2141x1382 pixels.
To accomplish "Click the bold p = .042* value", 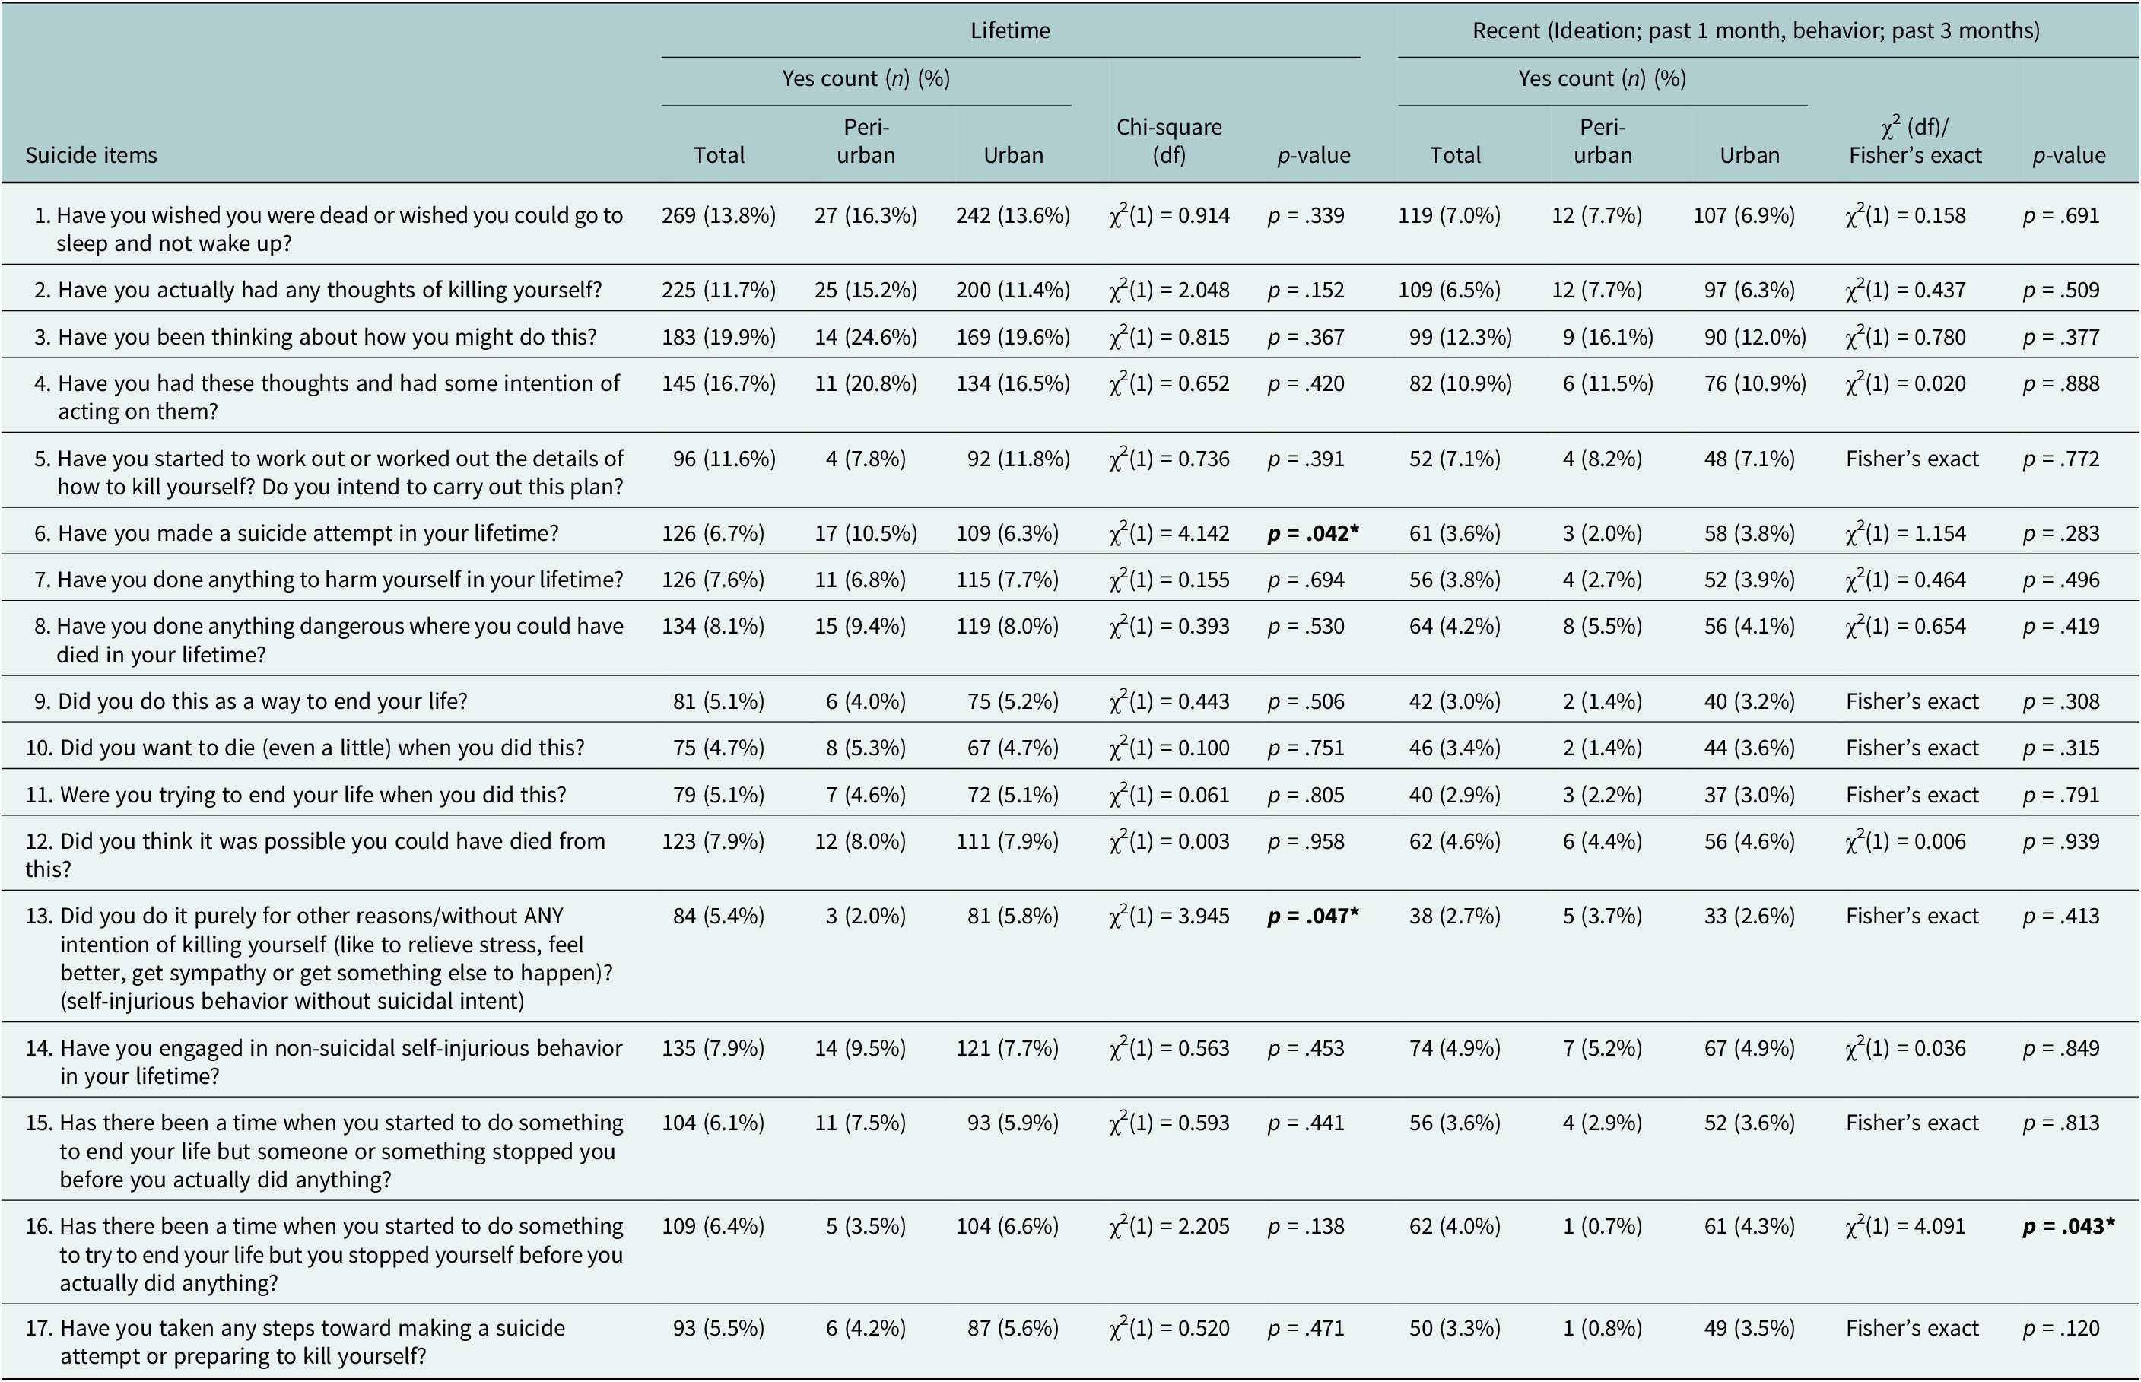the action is coord(1313,533).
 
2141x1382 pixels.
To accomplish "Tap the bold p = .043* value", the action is coord(2068,1226).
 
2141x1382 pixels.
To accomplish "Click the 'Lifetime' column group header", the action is coord(1010,30).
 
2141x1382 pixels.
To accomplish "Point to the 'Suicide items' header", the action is coord(91,155).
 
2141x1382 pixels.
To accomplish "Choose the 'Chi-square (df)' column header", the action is coord(1169,141).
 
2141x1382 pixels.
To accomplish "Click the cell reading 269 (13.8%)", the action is coord(719,215).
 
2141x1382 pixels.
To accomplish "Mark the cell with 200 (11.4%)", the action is coord(1013,290).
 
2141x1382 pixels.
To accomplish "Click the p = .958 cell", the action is coord(1306,841).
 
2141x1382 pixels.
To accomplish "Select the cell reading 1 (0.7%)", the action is coord(1603,1226).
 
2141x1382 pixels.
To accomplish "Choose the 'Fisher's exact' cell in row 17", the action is coord(1912,1327).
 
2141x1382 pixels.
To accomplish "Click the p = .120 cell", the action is coord(2061,1328).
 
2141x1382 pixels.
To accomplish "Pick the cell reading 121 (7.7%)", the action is coord(1007,1048).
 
